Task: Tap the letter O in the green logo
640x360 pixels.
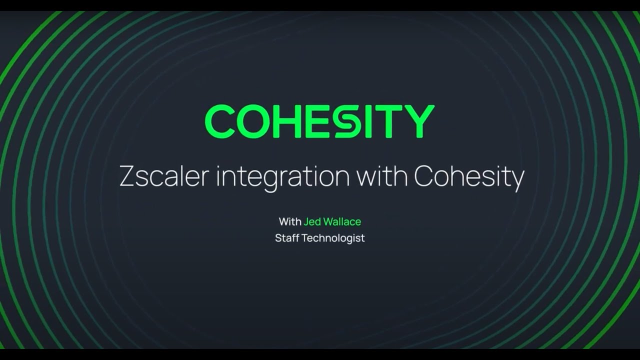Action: pyautogui.click(x=253, y=121)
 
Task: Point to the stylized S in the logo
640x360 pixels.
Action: pyautogui.click(x=344, y=121)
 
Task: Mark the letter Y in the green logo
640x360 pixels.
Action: pyautogui.click(x=419, y=121)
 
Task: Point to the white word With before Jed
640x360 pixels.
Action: pyautogui.click(x=290, y=221)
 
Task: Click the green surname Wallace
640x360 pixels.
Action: pyautogui.click(x=342, y=221)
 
